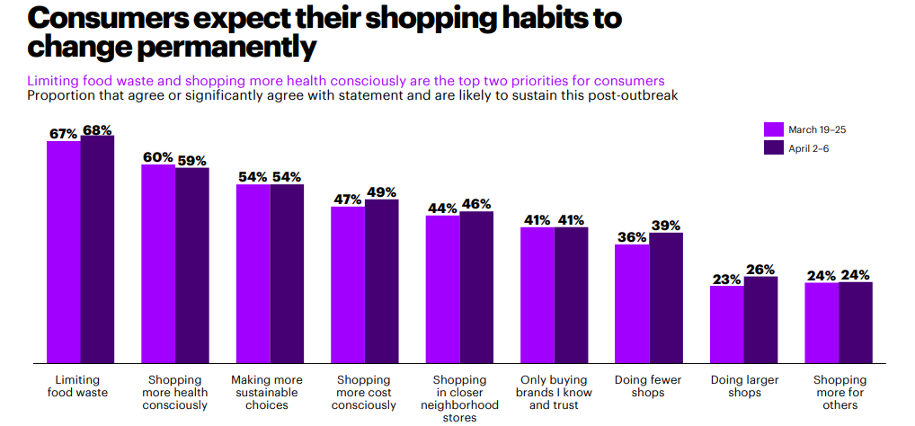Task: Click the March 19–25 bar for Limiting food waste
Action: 64,252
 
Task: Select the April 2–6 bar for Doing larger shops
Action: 760,319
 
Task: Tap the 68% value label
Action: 97,130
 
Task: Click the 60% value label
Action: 158,157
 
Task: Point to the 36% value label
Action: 632,237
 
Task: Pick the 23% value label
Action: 726,279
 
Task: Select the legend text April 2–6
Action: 809,148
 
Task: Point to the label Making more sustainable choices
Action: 267,393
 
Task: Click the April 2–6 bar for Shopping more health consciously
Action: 192,265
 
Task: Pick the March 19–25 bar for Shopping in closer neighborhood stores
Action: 443,288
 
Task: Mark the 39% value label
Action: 666,226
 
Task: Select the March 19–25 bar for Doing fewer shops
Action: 632,303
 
